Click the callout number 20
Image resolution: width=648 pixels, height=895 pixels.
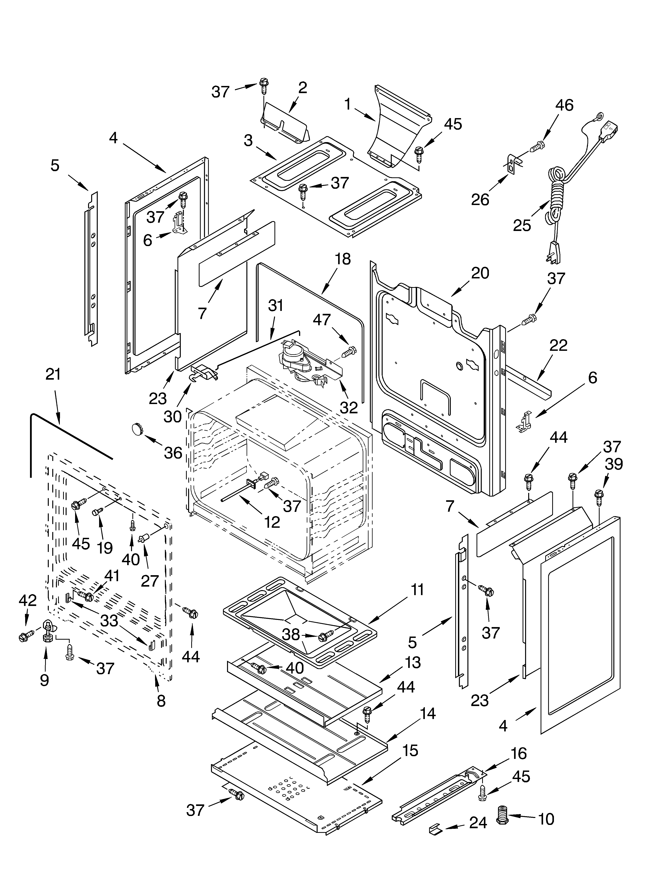(x=480, y=273)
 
